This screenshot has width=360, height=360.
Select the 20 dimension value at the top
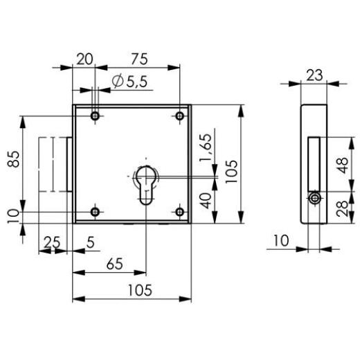click(84, 58)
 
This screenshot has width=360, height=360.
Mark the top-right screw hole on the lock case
click(180, 115)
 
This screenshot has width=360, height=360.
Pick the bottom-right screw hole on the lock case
click(180, 212)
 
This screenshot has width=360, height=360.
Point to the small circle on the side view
click(315, 198)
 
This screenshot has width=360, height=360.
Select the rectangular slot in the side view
click(313, 163)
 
